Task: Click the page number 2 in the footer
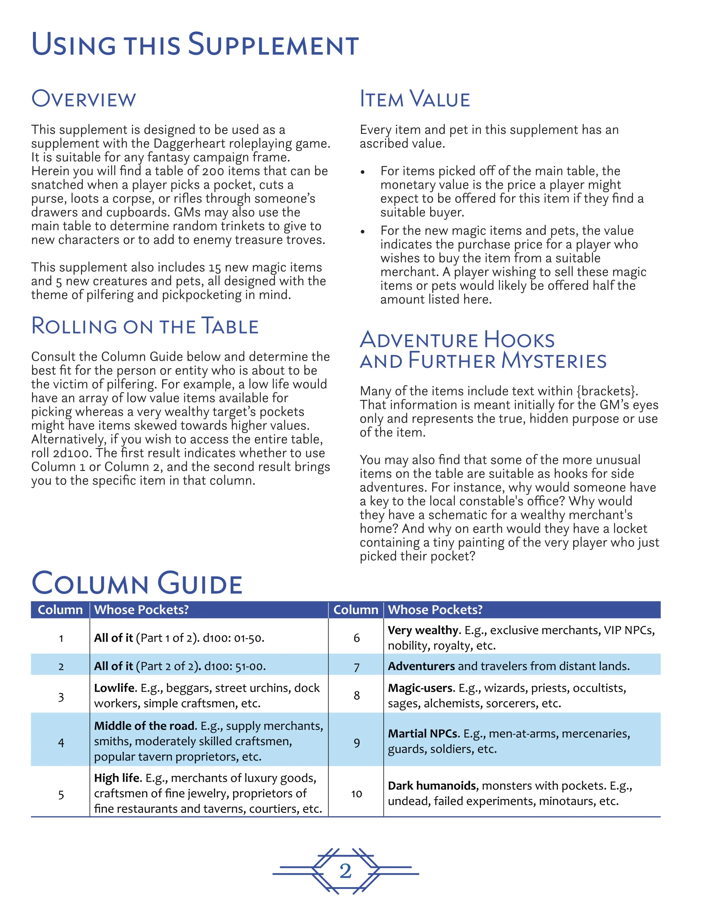pyautogui.click(x=345, y=871)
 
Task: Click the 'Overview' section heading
pyautogui.click(x=84, y=99)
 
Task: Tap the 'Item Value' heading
pyautogui.click(x=415, y=99)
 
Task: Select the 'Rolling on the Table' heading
pyautogui.click(x=145, y=326)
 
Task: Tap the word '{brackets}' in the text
pyautogui.click(x=606, y=391)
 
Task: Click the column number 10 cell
pyautogui.click(x=356, y=794)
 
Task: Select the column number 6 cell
pyautogui.click(x=356, y=638)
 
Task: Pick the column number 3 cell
pyautogui.click(x=61, y=697)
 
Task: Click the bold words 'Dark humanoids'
pyautogui.click(x=432, y=786)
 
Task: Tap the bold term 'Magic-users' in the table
pyautogui.click(x=420, y=688)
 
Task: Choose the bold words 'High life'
pyautogui.click(x=118, y=778)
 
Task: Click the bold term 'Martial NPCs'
pyautogui.click(x=423, y=734)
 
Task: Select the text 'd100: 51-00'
pyautogui.click(x=234, y=666)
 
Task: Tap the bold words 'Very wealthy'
pyautogui.click(x=423, y=630)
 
